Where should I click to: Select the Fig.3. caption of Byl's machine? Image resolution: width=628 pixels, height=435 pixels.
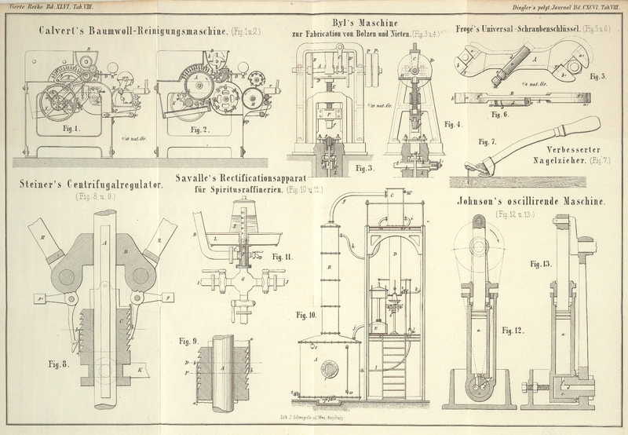click(x=364, y=168)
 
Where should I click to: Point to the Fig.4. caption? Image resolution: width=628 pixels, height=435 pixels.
click(x=453, y=124)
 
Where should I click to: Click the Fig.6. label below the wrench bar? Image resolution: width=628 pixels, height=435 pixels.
click(x=500, y=115)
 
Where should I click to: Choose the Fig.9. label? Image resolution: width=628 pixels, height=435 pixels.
click(x=188, y=341)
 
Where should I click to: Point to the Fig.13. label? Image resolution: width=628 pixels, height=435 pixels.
click(x=541, y=263)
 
